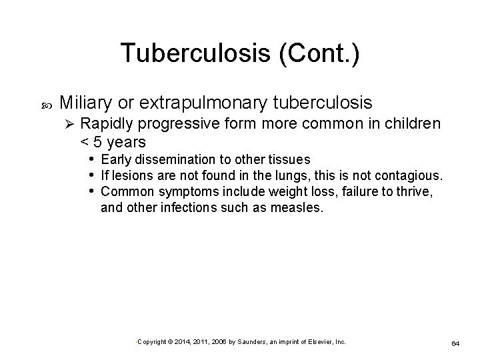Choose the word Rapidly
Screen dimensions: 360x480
[x=108, y=124]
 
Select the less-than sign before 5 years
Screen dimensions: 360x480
[x=84, y=142]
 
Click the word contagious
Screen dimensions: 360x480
[x=406, y=176]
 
